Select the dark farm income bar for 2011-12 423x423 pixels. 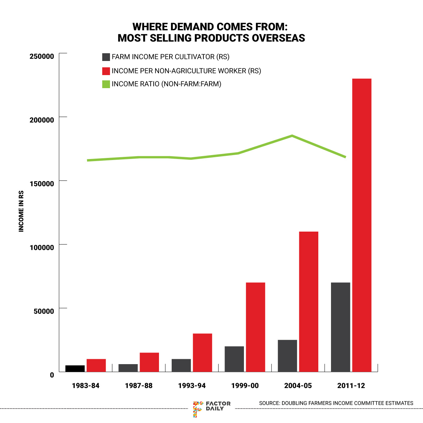[x=341, y=327]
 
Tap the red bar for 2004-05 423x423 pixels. [x=308, y=302]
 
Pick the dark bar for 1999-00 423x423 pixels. [x=234, y=359]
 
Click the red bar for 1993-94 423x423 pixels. [x=202, y=352]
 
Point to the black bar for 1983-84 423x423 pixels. [x=75, y=368]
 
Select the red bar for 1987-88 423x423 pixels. [x=149, y=362]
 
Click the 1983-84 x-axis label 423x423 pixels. [x=85, y=386]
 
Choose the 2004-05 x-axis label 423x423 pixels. [x=298, y=386]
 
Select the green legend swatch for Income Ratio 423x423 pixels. [x=106, y=84]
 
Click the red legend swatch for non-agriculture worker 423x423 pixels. [x=106, y=71]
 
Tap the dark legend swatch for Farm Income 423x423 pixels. [x=106, y=57]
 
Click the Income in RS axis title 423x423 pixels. [x=22, y=211]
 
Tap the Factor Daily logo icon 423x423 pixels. [x=198, y=409]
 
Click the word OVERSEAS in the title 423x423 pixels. [x=278, y=38]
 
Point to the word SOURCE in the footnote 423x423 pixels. [x=269, y=403]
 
